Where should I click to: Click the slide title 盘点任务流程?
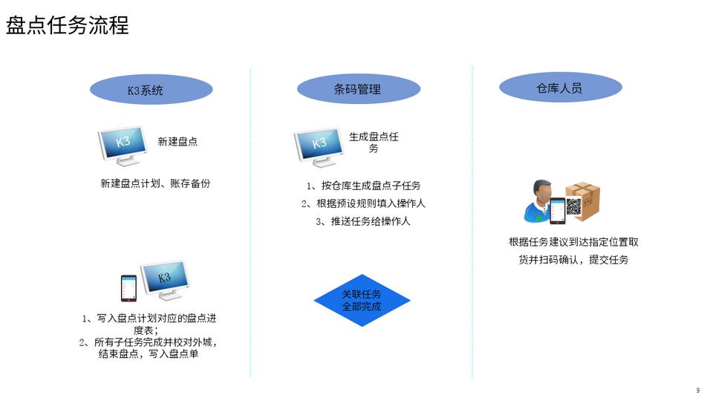click(x=68, y=25)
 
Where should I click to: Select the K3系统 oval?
click(x=151, y=90)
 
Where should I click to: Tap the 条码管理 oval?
click(x=358, y=88)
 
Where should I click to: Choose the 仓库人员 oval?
click(x=560, y=88)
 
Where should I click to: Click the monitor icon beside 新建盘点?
click(x=123, y=146)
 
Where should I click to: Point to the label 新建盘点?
click(x=178, y=142)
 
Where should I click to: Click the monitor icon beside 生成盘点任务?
click(x=319, y=147)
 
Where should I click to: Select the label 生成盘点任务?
click(x=374, y=143)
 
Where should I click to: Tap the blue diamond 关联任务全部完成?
click(x=362, y=300)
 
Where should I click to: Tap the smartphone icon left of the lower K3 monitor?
click(x=128, y=288)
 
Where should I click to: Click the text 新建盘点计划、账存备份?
click(x=155, y=183)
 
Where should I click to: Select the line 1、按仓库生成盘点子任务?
click(x=364, y=186)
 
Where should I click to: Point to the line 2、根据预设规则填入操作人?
click(x=363, y=203)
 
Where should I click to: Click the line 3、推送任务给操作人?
click(x=363, y=221)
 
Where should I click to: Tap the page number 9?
click(x=698, y=391)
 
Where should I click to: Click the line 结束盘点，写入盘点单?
click(x=149, y=353)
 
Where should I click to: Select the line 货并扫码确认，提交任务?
click(x=574, y=260)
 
